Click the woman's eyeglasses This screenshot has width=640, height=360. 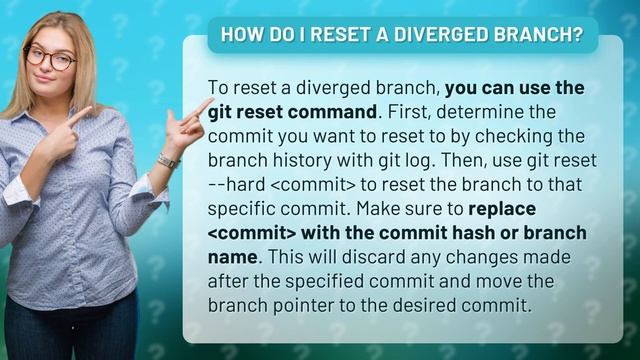point(50,58)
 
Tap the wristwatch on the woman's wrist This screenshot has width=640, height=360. point(167,161)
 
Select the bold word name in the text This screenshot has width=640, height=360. point(233,257)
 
